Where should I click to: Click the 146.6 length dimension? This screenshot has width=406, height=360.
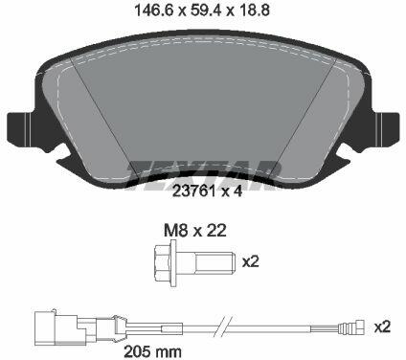pos(154,11)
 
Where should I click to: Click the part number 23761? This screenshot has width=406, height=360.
pos(193,191)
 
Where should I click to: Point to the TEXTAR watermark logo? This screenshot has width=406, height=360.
pos(204,175)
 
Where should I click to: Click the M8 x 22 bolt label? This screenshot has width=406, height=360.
pos(195,230)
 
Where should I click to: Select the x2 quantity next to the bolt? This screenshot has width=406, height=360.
pos(251,262)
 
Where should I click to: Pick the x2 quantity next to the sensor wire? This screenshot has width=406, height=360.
pos(382,326)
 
